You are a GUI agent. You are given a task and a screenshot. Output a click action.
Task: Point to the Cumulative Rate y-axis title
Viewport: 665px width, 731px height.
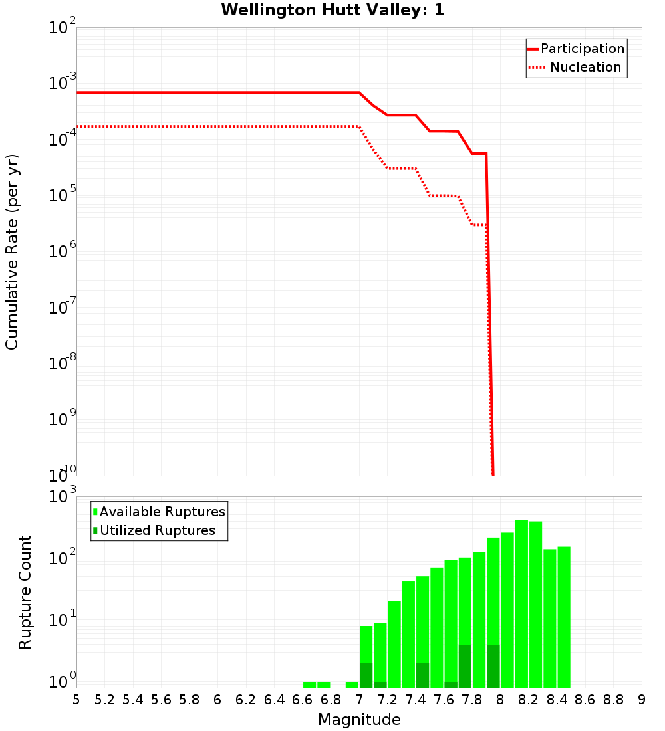click(12, 251)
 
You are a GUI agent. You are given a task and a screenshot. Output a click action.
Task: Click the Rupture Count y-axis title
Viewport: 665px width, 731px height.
click(25, 592)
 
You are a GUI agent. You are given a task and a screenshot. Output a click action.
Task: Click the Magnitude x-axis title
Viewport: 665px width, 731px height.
click(359, 720)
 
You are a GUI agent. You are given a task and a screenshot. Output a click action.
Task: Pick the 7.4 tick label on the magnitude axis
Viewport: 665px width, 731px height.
click(416, 700)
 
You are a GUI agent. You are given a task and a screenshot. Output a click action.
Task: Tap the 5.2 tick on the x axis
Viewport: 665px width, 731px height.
click(104, 700)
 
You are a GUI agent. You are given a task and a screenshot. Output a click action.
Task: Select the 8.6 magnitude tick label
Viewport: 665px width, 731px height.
click(585, 700)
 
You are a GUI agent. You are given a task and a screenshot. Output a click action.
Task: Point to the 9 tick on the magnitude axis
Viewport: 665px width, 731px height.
click(642, 700)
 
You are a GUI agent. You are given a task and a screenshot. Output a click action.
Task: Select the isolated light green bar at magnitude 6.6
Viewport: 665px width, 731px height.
click(309, 684)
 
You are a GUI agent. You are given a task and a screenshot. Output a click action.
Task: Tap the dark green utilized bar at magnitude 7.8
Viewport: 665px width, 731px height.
click(465, 666)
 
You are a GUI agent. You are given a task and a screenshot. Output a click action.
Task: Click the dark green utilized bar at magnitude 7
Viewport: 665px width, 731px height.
click(366, 675)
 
